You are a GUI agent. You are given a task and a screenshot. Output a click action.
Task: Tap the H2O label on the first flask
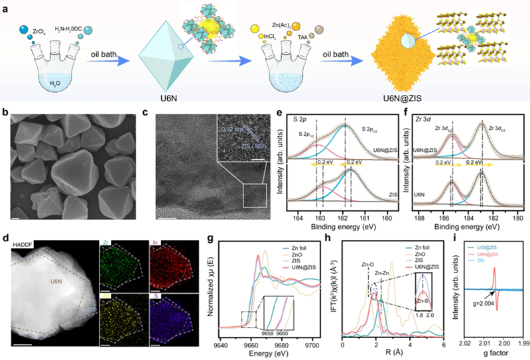(50, 83)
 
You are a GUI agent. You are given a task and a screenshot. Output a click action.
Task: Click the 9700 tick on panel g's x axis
(322, 345)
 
